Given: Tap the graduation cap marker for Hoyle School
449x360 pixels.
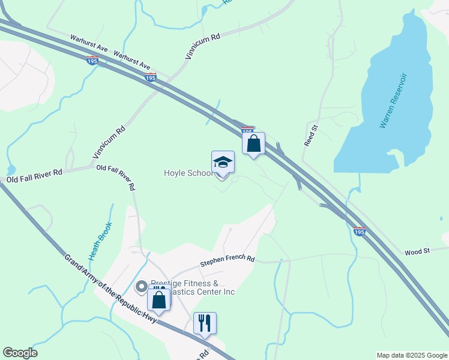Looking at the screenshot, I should tap(223, 163).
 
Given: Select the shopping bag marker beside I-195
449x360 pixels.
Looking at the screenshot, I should tap(254, 144).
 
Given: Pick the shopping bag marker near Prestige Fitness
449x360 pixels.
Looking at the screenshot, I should tap(159, 300).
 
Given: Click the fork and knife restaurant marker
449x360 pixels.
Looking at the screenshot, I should tap(205, 323).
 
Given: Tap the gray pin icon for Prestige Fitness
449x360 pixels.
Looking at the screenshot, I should tap(142, 286).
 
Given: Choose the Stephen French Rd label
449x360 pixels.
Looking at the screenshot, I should tap(228, 261).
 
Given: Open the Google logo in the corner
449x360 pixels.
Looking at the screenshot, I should tap(20, 353).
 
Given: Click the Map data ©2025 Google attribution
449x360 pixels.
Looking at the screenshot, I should tap(412, 355).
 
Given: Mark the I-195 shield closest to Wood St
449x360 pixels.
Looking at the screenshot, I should tap(359, 232).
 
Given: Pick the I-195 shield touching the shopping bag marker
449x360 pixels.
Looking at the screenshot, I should tap(247, 130).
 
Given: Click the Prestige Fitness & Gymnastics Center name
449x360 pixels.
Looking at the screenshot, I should tap(192, 287).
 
